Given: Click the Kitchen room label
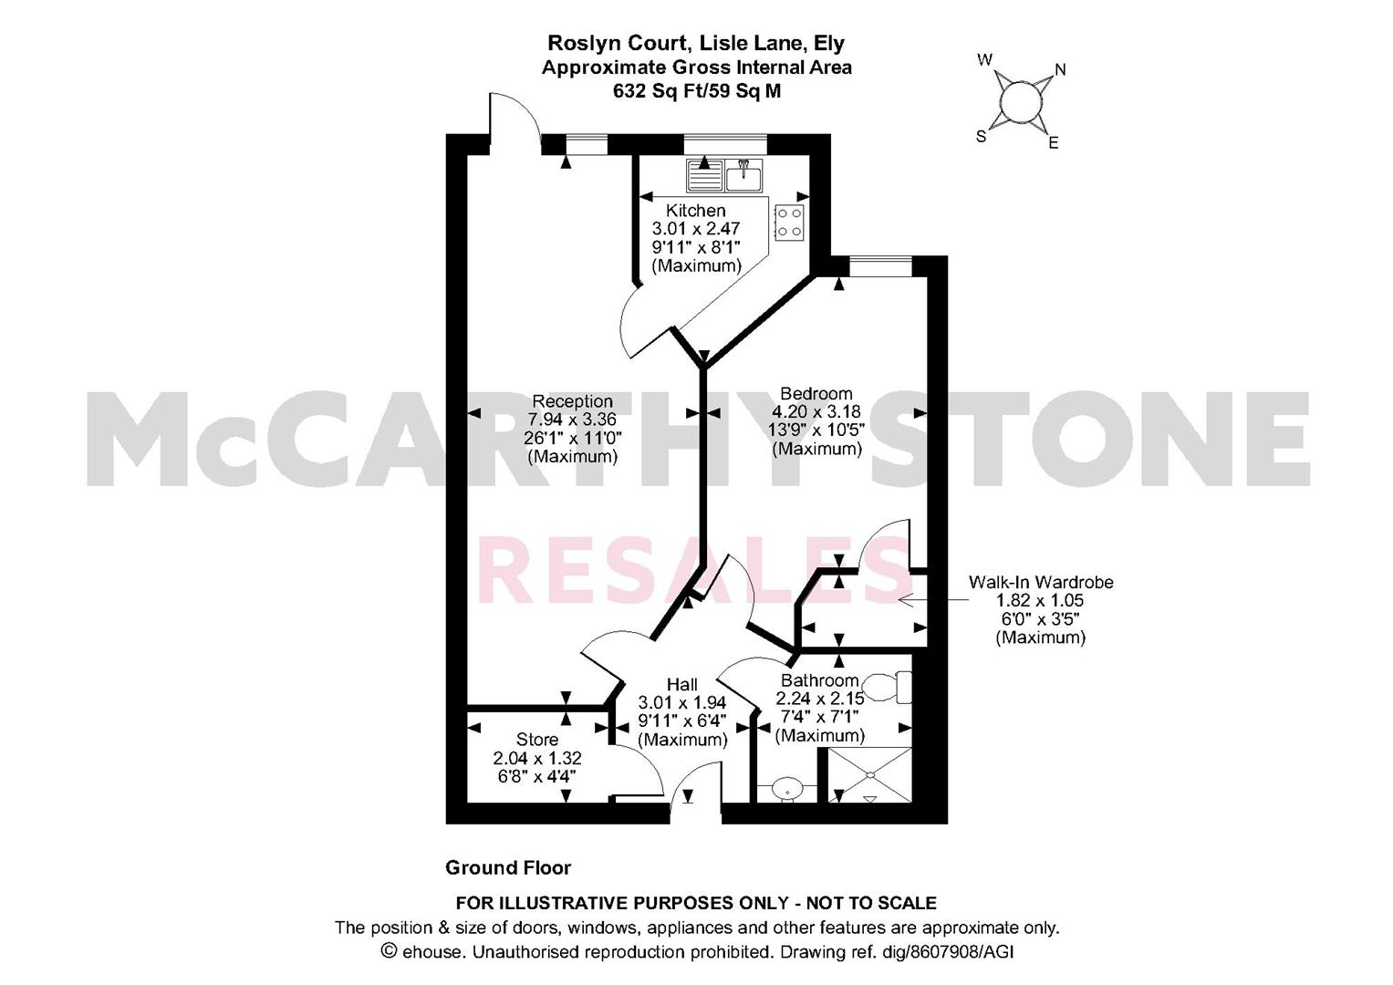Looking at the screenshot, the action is click(695, 210).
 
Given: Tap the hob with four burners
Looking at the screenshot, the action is click(788, 222).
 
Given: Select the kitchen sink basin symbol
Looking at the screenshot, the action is click(743, 175).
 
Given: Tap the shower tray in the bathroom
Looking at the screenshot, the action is click(870, 775).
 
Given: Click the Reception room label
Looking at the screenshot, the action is click(572, 401).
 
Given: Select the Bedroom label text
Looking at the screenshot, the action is click(816, 394).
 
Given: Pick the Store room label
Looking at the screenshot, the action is click(537, 740).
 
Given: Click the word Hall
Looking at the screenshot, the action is click(682, 685).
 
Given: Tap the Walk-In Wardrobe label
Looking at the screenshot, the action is click(1040, 583).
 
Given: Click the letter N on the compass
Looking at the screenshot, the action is click(1061, 69).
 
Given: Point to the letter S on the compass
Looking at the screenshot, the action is click(982, 136).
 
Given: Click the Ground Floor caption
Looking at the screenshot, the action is click(508, 867).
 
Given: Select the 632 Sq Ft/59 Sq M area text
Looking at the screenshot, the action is click(697, 91).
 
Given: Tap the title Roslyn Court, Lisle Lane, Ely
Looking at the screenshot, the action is click(696, 43).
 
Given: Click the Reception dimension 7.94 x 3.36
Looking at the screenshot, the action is click(572, 420).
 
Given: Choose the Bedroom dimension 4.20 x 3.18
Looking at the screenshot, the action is click(816, 411).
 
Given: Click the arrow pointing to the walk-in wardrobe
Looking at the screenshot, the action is click(933, 600).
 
